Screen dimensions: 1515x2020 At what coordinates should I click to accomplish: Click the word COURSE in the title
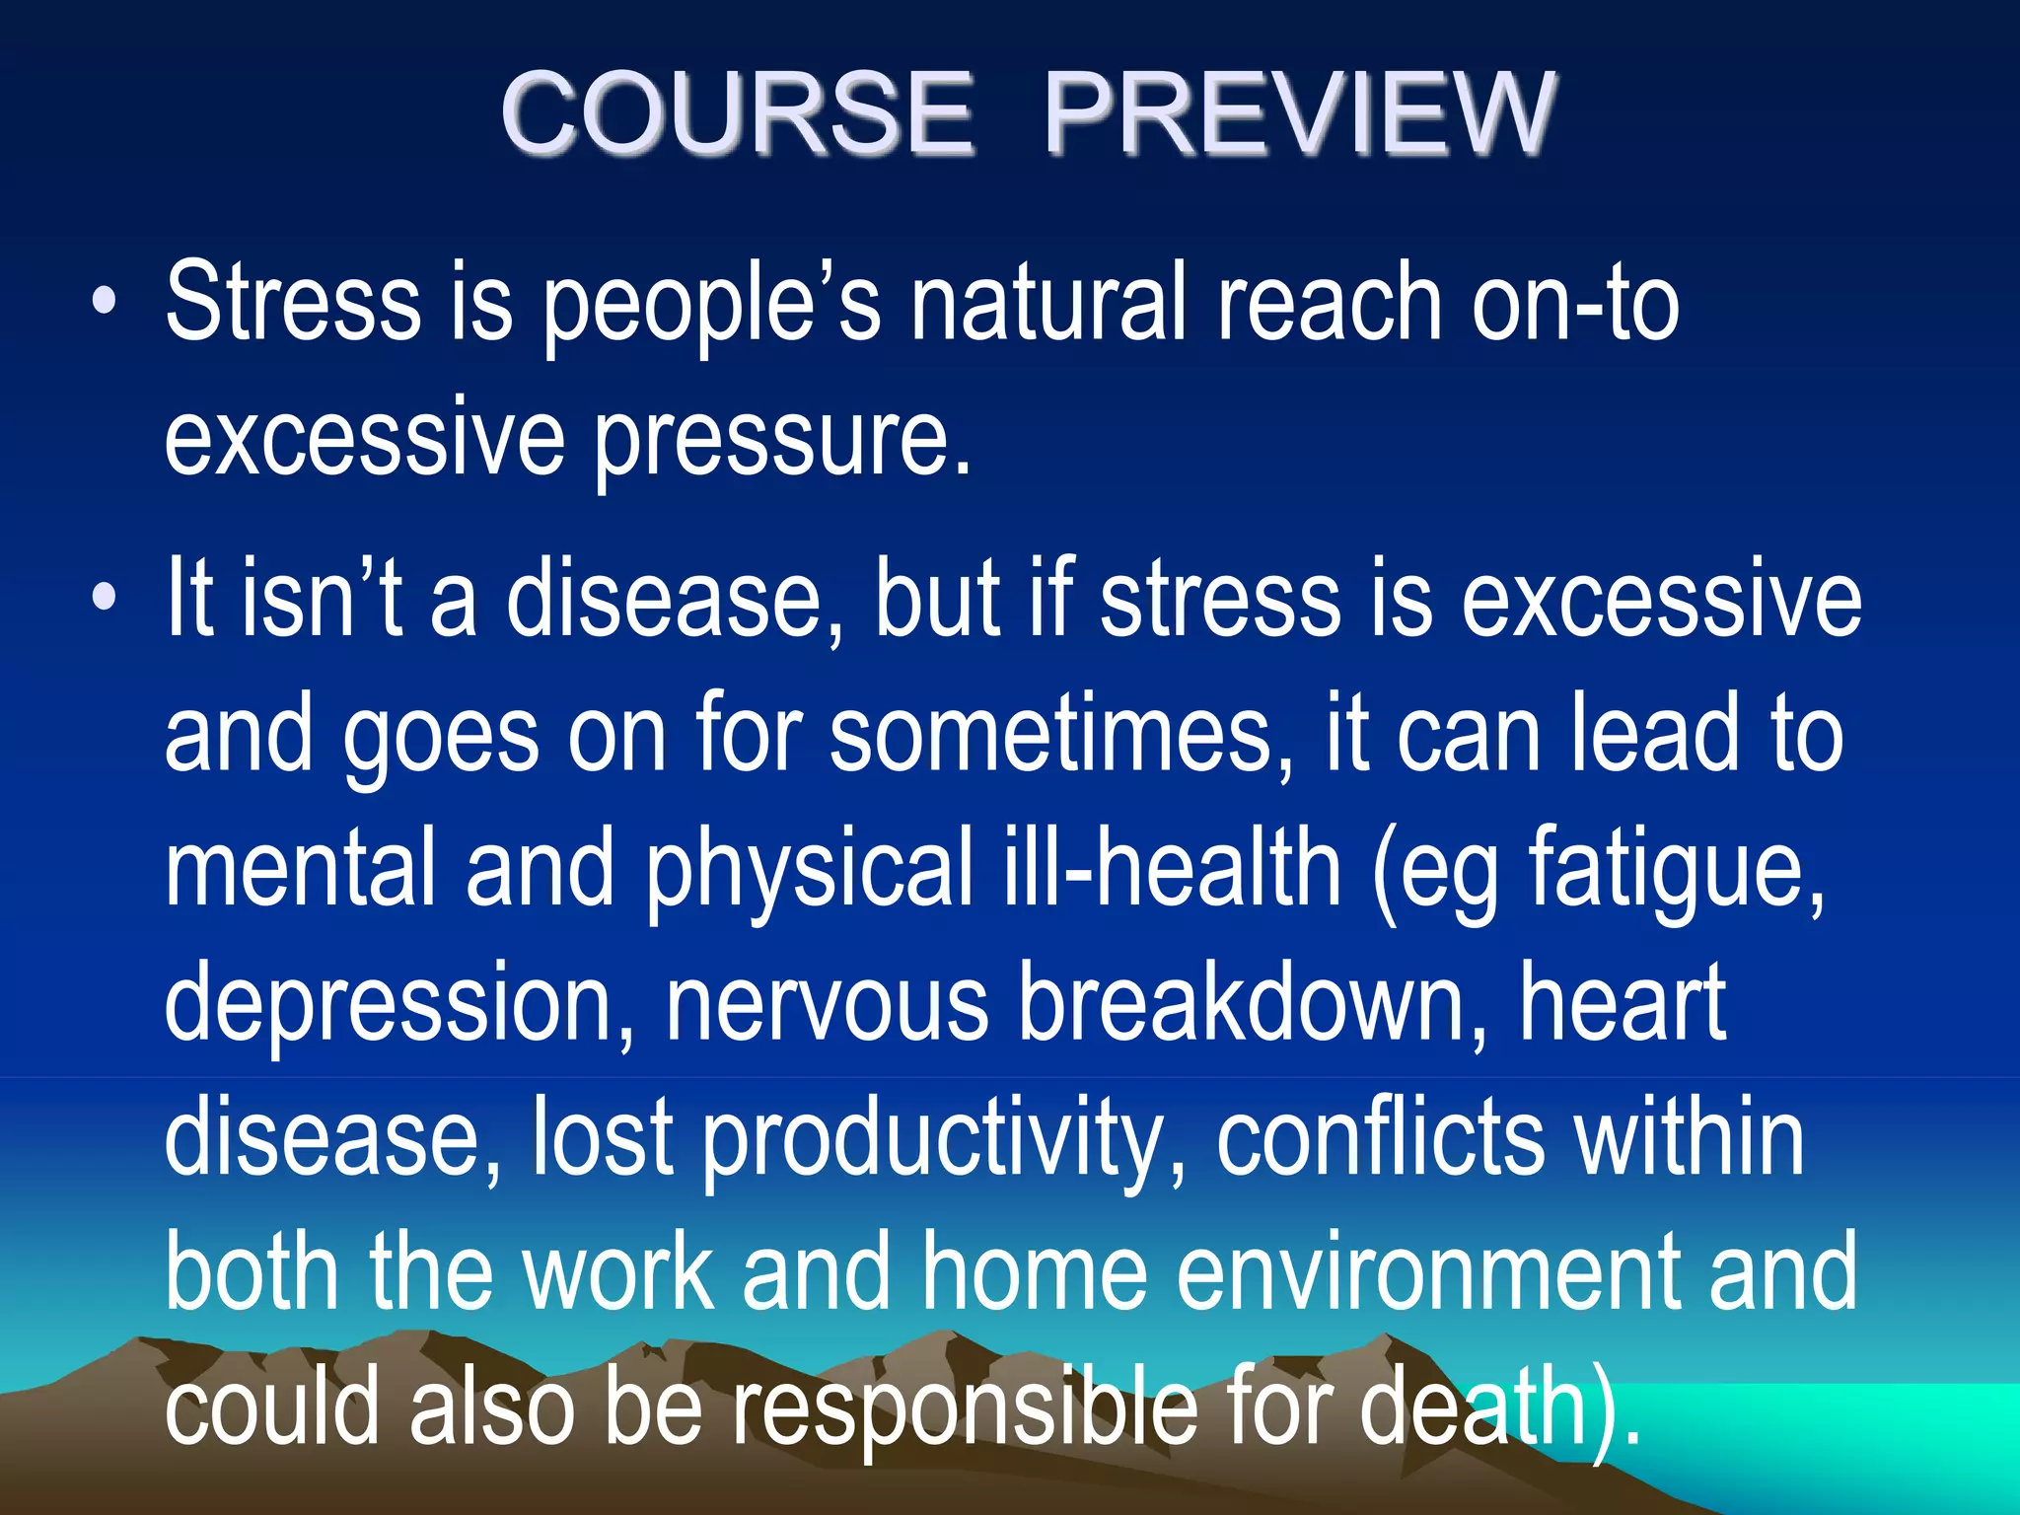(x=737, y=113)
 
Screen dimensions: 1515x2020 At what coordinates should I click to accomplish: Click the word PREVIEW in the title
(x=1299, y=113)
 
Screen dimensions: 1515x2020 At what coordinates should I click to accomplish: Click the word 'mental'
(x=300, y=868)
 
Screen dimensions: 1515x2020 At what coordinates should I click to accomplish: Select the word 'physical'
(x=809, y=868)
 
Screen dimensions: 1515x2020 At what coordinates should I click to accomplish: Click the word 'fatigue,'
(x=1677, y=868)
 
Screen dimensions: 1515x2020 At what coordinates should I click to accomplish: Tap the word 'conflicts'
(x=1379, y=1139)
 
